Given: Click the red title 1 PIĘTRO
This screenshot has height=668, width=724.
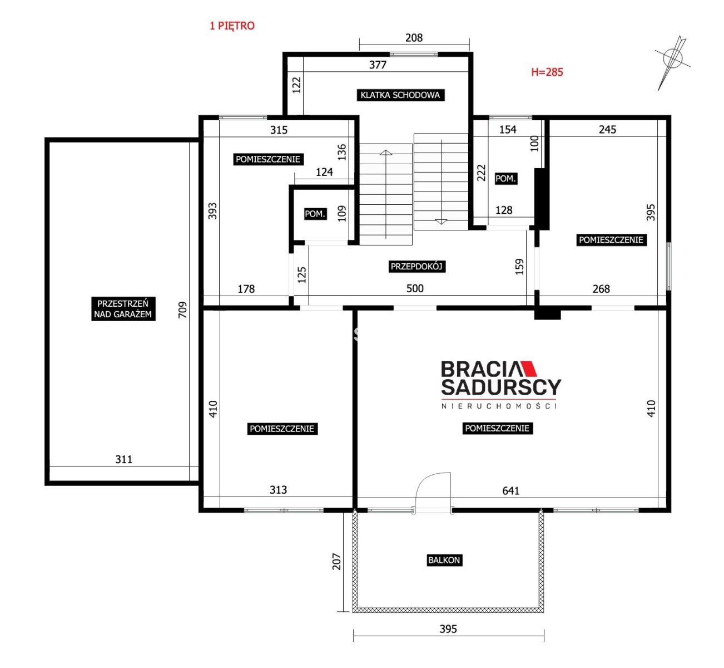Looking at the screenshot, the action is point(232,26).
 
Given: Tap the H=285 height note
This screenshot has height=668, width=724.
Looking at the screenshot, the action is point(547,72).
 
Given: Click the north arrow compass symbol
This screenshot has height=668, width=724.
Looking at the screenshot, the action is point(672,61).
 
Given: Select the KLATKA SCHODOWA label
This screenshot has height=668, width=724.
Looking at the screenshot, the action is point(400,95).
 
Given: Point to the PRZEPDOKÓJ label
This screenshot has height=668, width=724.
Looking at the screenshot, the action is point(416,267).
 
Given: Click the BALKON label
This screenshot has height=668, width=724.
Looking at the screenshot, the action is point(444,560).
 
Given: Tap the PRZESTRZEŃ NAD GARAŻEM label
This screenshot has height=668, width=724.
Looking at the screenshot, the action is point(123,309).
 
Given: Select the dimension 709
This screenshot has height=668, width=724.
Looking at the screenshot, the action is point(183,310).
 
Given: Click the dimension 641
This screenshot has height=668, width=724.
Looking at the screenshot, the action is point(510,490).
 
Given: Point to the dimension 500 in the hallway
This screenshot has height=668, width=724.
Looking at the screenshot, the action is point(415,288).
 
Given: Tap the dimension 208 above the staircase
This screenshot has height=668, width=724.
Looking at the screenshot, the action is point(414,38).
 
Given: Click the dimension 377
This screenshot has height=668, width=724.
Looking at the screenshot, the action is point(378,65).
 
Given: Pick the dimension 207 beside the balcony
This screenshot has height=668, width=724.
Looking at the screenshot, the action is point(336,561).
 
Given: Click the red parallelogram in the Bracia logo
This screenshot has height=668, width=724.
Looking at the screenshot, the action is point(528,369).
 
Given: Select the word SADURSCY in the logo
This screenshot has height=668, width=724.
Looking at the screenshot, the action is point(501,387).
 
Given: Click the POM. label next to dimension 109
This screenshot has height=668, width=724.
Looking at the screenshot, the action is point(315,214).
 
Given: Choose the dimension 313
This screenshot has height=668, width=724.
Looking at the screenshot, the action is point(278,490).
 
